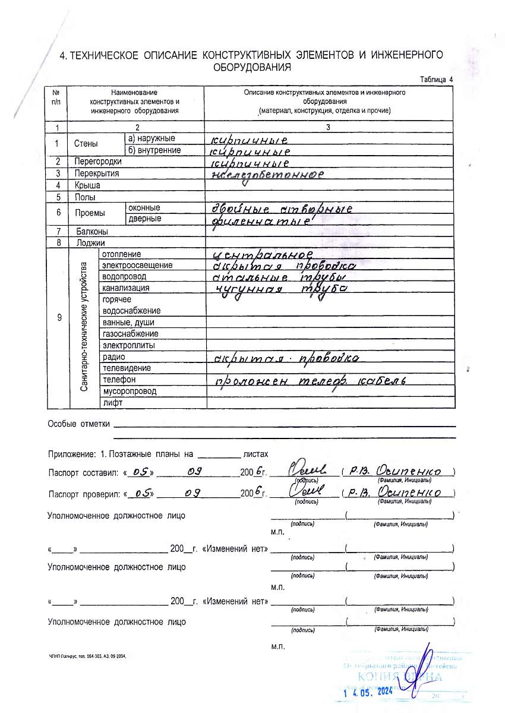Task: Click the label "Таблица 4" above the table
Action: point(436,80)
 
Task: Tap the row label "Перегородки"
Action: point(98,162)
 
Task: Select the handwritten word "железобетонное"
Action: point(268,175)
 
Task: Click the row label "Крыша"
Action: point(87,185)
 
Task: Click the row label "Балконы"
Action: point(91,231)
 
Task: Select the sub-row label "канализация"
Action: point(126,288)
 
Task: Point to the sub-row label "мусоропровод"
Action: point(130,391)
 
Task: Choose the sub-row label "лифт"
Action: point(112,402)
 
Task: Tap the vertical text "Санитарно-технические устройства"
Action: point(84,327)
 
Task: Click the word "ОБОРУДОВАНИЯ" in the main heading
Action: point(252,67)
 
